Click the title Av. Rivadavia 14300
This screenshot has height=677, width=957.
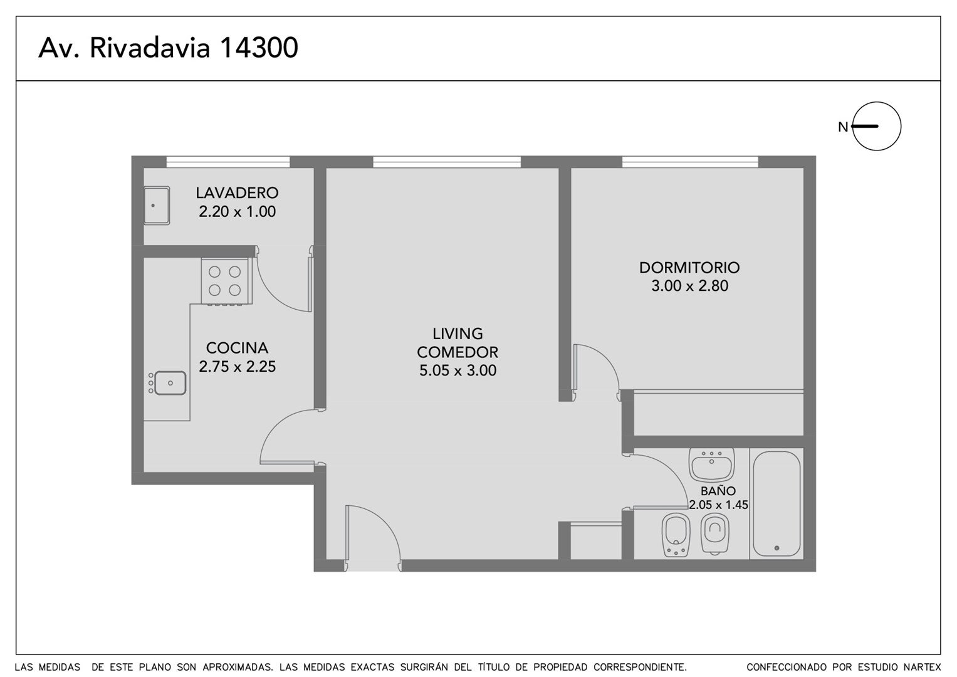pyautogui.click(x=168, y=48)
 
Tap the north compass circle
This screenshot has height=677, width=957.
pyautogui.click(x=877, y=103)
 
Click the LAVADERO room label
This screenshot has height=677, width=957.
pyautogui.click(x=237, y=193)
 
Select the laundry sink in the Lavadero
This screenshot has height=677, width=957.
pyautogui.click(x=157, y=206)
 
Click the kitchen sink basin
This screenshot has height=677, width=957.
pyautogui.click(x=170, y=383)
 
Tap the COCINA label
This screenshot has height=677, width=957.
pyautogui.click(x=237, y=348)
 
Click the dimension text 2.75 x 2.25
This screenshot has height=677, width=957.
pyautogui.click(x=237, y=367)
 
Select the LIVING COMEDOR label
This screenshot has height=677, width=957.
pyautogui.click(x=458, y=343)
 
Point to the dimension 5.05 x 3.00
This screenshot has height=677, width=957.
pyautogui.click(x=458, y=370)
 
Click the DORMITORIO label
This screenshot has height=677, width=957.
pyautogui.click(x=689, y=268)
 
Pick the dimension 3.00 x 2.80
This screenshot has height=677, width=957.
pyautogui.click(x=689, y=286)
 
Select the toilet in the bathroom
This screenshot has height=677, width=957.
pyautogui.click(x=715, y=533)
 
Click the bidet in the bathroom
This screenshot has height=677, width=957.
pyautogui.click(x=676, y=535)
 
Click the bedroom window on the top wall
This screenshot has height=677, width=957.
pyautogui.click(x=690, y=162)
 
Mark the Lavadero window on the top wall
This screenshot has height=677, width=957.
pyautogui.click(x=227, y=162)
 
